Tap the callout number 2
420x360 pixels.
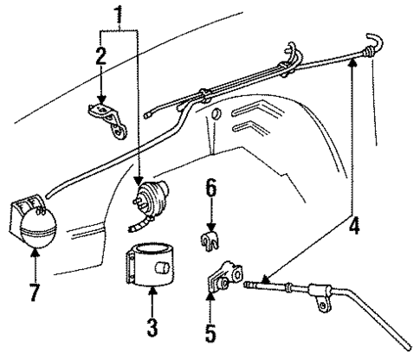[101, 56]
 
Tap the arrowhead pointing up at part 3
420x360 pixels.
[152, 298]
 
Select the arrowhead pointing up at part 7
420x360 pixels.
[34, 255]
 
